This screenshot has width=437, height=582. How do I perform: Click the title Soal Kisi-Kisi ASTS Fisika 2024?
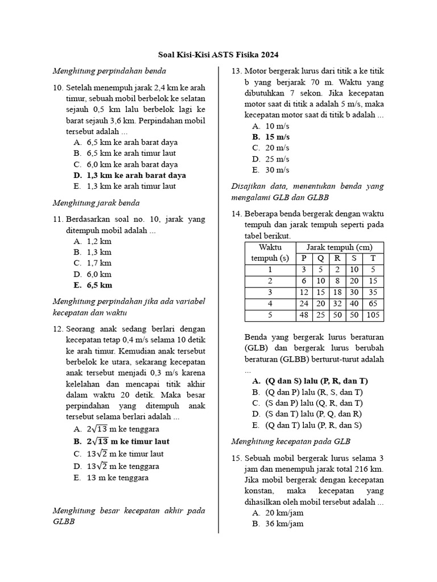218,55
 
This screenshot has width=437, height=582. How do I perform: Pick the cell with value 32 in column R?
337,304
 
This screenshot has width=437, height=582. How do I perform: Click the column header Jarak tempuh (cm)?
339,247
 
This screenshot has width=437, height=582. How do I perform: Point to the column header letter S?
354,259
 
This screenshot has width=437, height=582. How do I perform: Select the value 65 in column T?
374,304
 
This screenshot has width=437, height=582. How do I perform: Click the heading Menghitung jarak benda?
96,203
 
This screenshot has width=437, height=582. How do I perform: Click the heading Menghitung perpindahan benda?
109,71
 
